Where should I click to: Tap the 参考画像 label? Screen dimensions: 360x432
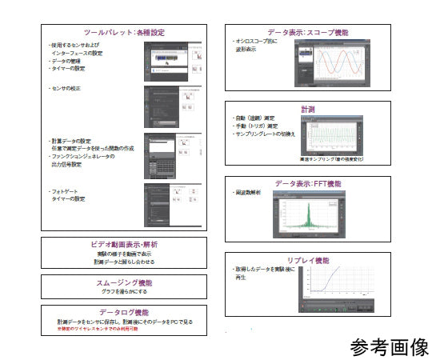coord(389,347)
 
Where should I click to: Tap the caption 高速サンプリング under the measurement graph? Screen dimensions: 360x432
coord(330,160)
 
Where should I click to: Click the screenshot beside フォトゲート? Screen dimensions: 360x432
coord(170,205)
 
